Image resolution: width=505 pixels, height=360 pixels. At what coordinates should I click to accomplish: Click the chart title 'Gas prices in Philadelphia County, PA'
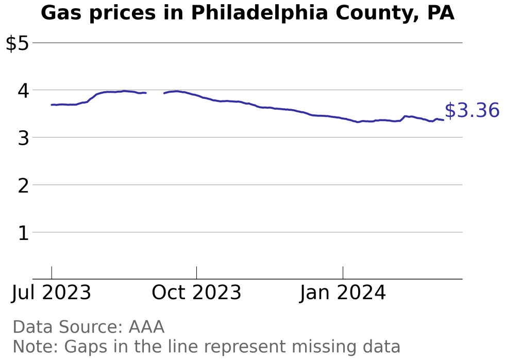coord(247,13)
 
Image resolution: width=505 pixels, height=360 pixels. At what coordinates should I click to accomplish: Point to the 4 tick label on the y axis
coord(23,91)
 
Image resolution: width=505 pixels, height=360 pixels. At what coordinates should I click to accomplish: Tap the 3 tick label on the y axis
coord(23,138)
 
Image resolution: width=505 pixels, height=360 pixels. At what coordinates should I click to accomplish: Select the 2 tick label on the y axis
coord(23,185)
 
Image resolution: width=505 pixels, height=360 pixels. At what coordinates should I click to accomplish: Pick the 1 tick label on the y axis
coord(23,233)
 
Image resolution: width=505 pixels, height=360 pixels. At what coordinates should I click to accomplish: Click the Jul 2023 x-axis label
coord(52,293)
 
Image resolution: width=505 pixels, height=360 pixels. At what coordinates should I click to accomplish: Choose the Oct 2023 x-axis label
coord(196,293)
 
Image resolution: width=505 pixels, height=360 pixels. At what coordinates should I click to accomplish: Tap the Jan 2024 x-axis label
coord(343,293)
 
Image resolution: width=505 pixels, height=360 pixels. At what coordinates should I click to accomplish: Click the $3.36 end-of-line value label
coord(472,111)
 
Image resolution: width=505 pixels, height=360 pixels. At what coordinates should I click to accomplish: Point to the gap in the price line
coord(155,93)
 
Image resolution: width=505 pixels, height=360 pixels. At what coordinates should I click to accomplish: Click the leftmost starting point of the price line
coord(52,105)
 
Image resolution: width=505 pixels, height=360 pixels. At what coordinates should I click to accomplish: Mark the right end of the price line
coord(443,120)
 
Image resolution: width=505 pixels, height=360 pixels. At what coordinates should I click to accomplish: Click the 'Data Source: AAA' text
coord(88,327)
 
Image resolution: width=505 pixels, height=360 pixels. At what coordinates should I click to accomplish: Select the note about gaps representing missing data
coord(206,346)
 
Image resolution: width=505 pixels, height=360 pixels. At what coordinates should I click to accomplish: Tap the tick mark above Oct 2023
coord(196,272)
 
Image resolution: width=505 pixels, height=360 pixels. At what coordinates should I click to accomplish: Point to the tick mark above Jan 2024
coord(343,272)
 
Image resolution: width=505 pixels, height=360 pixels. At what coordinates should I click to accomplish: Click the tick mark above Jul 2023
coord(52,272)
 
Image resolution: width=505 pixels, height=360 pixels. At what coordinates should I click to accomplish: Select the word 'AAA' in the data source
coord(146,327)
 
